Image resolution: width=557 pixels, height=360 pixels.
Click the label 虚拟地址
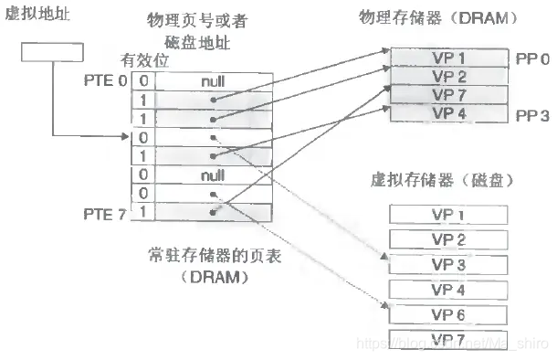(37, 16)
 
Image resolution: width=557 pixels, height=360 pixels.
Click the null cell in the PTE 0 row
(213, 80)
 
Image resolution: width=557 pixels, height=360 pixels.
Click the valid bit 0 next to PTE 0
(142, 80)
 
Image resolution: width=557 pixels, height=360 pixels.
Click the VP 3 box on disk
(448, 264)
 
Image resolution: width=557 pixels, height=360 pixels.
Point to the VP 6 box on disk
(448, 313)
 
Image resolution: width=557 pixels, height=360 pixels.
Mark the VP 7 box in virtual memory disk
(448, 339)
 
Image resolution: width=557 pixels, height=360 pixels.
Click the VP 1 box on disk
(448, 215)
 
